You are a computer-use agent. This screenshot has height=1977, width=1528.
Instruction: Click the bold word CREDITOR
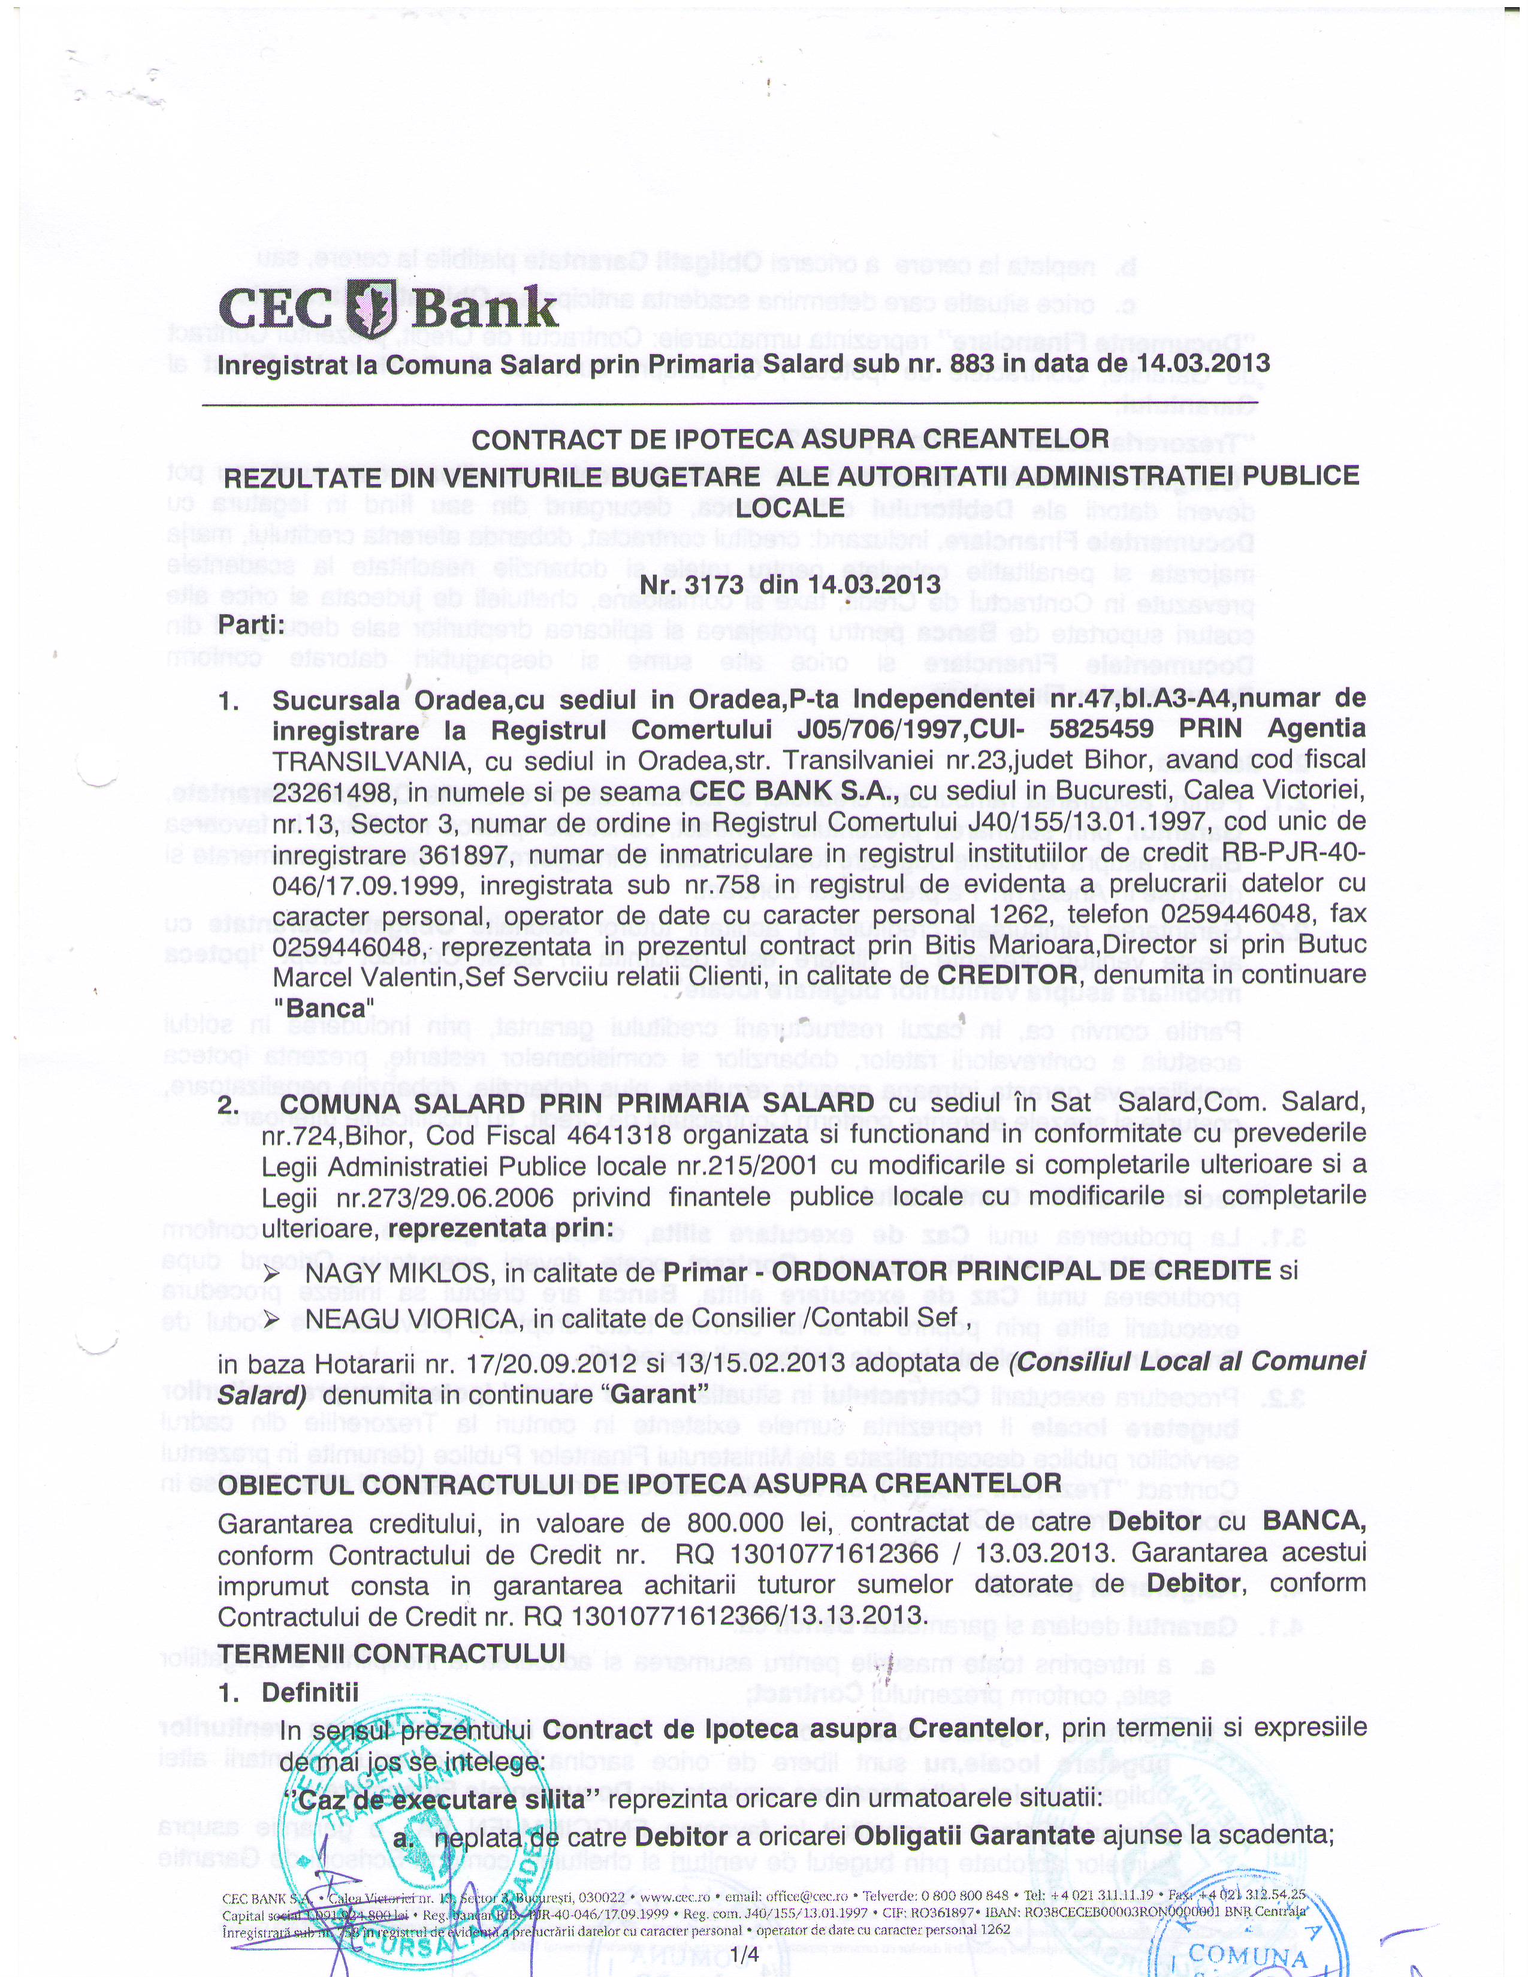(1007, 975)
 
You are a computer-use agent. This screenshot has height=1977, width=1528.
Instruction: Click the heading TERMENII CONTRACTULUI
(391, 1653)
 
